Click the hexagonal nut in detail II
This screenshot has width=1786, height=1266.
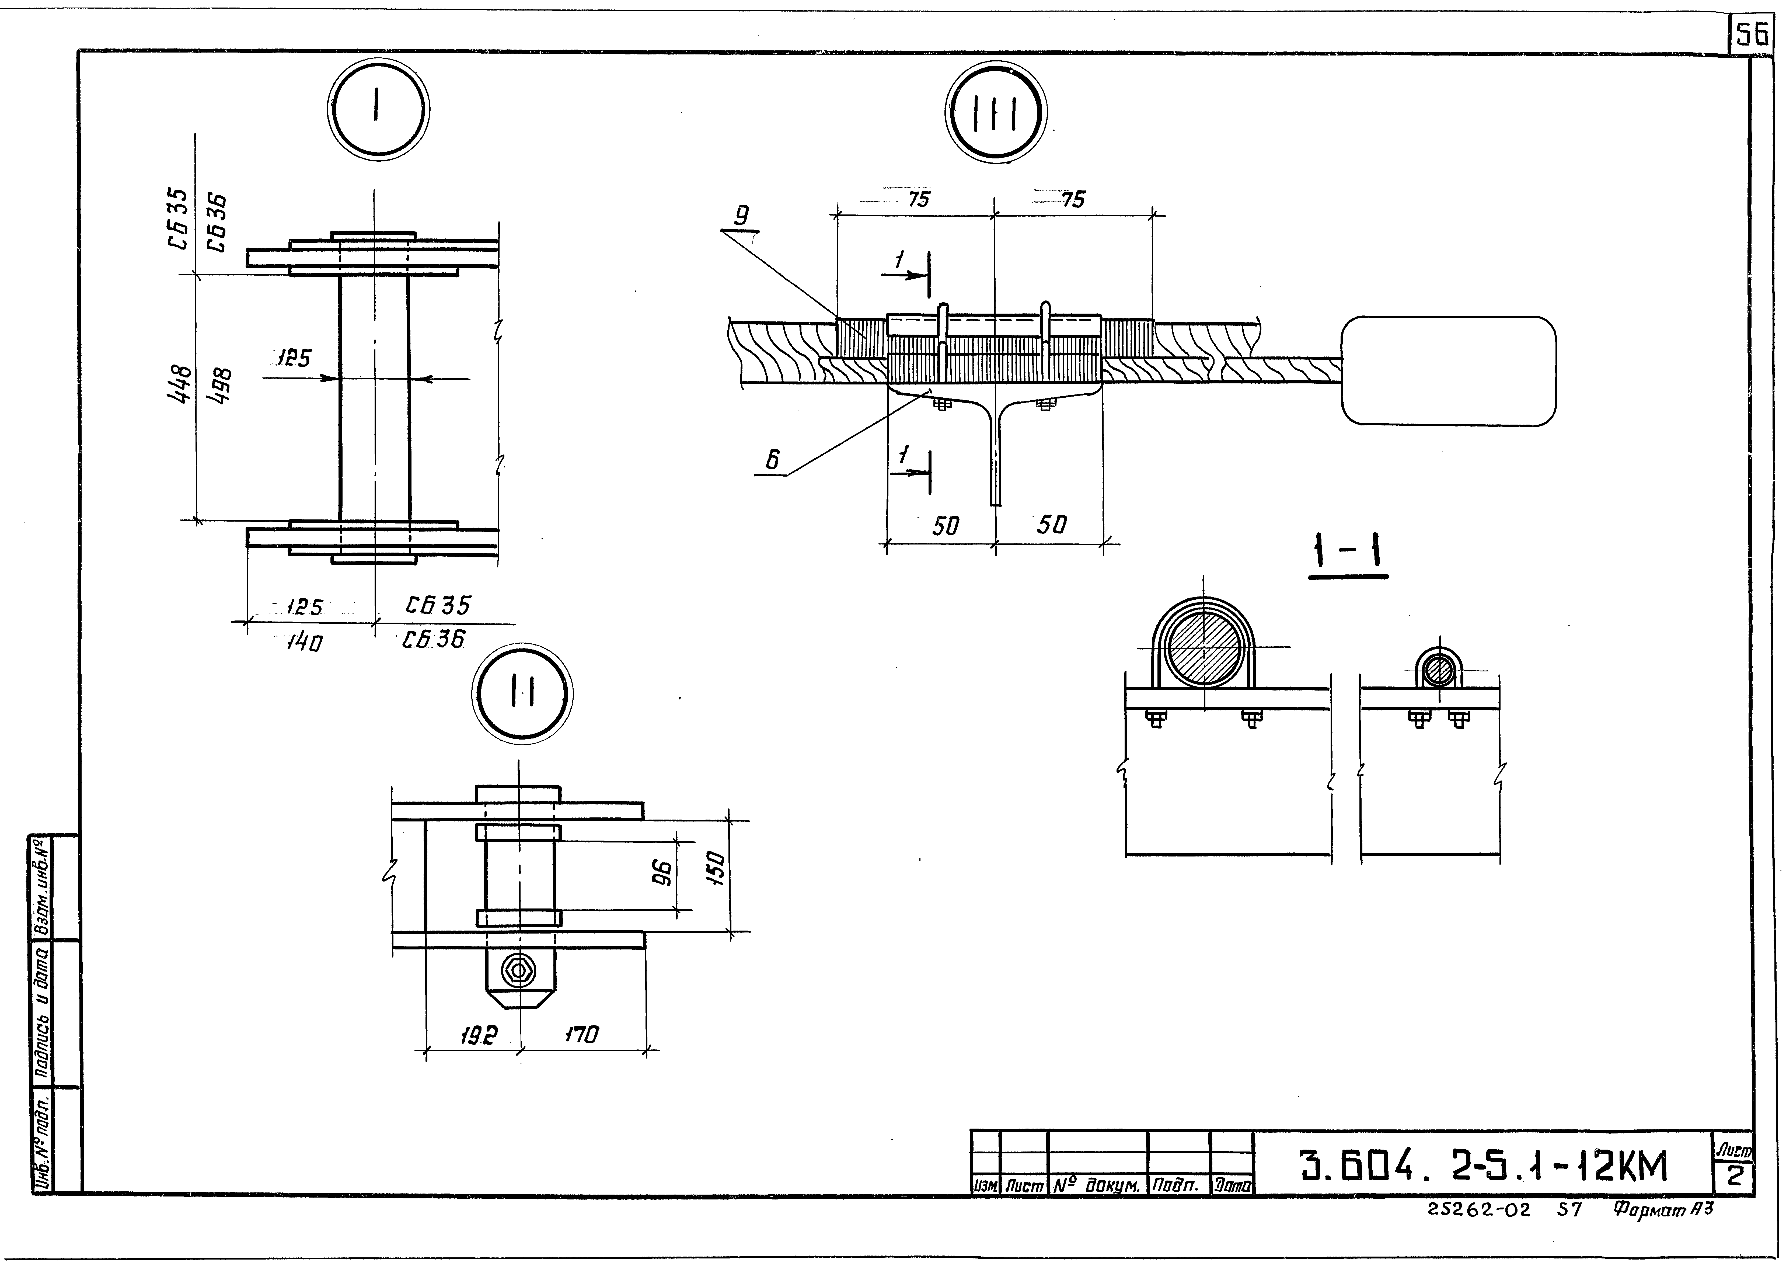pos(518,970)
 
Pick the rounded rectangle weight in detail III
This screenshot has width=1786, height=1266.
pos(1448,370)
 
